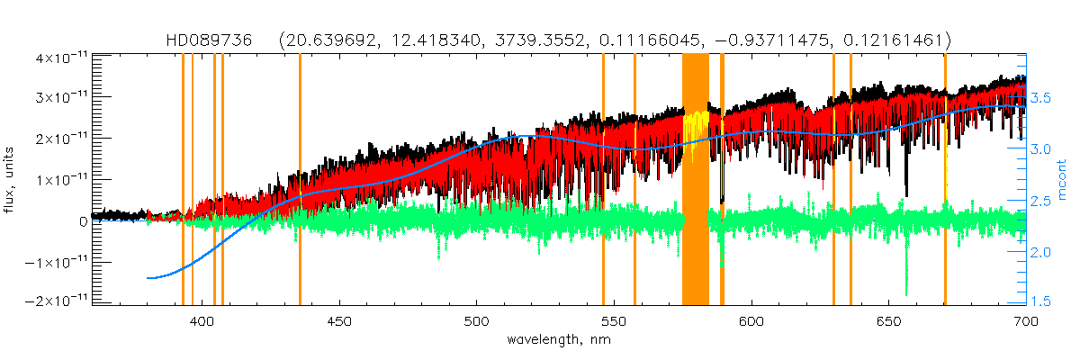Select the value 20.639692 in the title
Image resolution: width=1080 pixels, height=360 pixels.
pyautogui.click(x=329, y=40)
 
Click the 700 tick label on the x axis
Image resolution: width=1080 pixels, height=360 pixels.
pyautogui.click(x=1025, y=320)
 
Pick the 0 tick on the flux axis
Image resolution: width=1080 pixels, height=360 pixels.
pyautogui.click(x=83, y=220)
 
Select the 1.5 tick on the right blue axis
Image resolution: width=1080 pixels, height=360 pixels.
pyautogui.click(x=1040, y=301)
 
